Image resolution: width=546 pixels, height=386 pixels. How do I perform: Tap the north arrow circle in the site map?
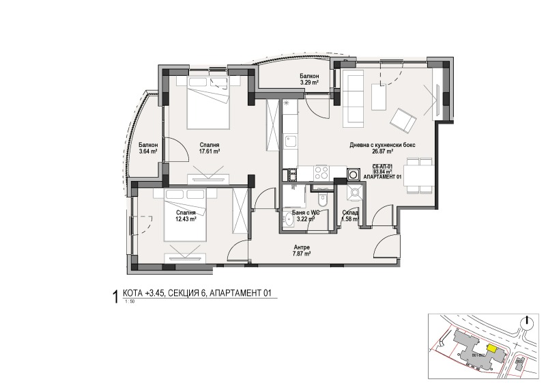click(526, 322)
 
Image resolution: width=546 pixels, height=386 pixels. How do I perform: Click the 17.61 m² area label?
click(209, 152)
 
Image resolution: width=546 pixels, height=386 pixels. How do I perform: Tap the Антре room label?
click(302, 251)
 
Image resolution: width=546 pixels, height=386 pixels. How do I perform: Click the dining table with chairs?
click(418, 175)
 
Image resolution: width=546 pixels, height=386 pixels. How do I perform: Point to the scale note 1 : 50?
click(129, 302)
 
